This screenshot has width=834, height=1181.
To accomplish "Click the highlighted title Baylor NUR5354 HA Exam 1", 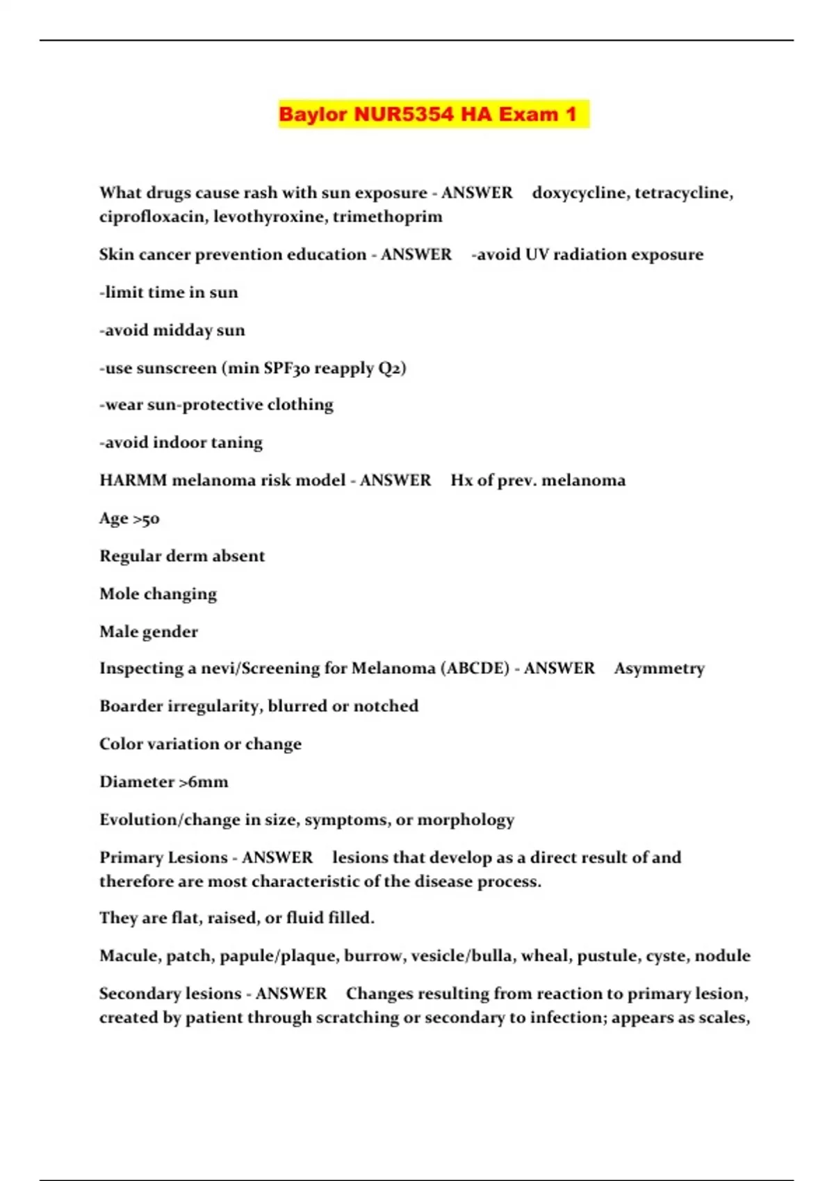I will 428,114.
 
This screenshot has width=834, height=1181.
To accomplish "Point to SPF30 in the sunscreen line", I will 286,368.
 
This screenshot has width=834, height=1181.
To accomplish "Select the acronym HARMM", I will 133,481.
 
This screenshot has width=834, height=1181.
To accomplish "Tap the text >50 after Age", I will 146,519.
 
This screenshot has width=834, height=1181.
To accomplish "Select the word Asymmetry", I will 659,668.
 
